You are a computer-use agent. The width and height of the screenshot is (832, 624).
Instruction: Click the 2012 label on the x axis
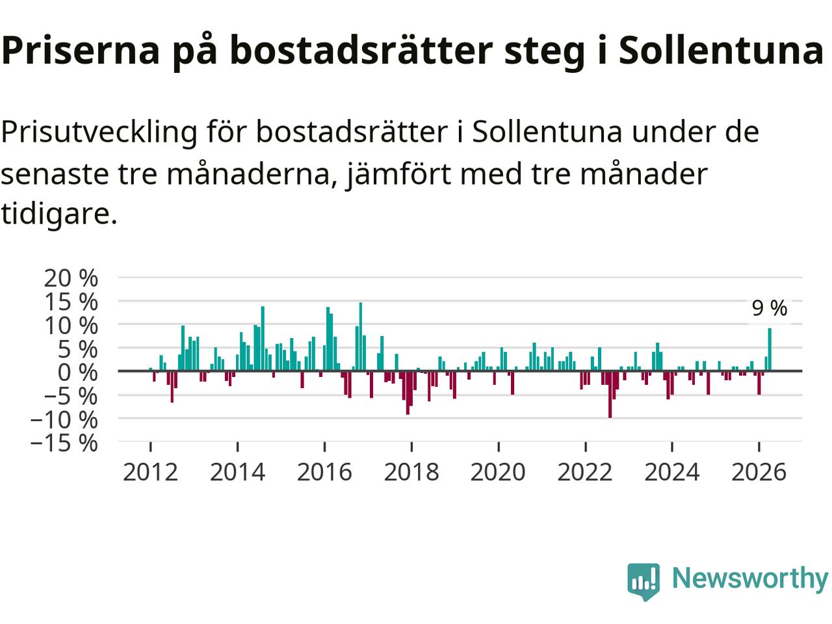pos(151,472)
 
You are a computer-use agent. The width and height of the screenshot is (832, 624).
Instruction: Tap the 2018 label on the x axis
pos(411,472)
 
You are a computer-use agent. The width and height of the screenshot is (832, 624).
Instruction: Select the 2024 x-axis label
pos(671,472)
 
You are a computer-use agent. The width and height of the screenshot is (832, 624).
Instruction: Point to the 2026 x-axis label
pos(759,472)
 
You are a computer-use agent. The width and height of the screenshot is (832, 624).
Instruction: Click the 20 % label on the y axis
pos(71,278)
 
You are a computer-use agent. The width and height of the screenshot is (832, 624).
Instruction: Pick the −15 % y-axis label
pos(64,443)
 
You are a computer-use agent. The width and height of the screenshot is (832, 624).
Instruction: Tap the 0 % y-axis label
pos(78,372)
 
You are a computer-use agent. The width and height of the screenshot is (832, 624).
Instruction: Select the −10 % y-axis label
pos(64,419)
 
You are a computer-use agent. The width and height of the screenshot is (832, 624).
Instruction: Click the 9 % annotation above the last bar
pos(770,308)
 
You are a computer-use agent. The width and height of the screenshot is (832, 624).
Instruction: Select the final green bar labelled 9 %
pos(770,350)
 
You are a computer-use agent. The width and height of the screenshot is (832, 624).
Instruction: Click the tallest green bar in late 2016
pos(361,337)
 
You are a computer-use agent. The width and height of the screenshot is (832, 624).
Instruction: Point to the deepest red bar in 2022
pos(610,395)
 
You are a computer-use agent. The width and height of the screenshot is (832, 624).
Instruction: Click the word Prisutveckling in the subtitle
pos(99,133)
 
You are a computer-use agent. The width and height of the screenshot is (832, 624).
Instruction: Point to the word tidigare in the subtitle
pos(59,214)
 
